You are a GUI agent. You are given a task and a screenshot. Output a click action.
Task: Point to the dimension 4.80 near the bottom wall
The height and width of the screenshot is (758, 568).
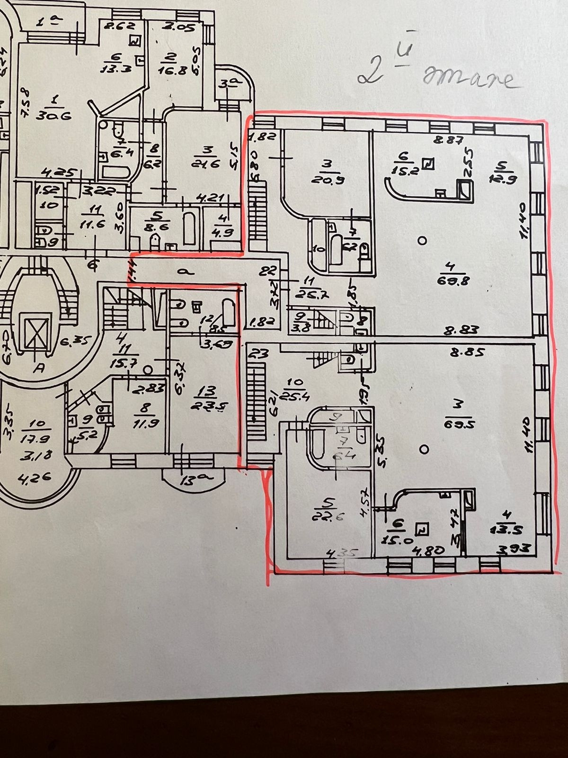pos(423,551)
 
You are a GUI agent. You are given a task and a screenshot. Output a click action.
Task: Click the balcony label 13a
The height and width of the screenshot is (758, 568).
pos(190,481)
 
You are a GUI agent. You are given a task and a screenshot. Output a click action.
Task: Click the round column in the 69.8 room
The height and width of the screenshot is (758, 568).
pos(423,241)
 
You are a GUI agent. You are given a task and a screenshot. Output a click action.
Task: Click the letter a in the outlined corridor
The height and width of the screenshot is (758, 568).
pos(180,271)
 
